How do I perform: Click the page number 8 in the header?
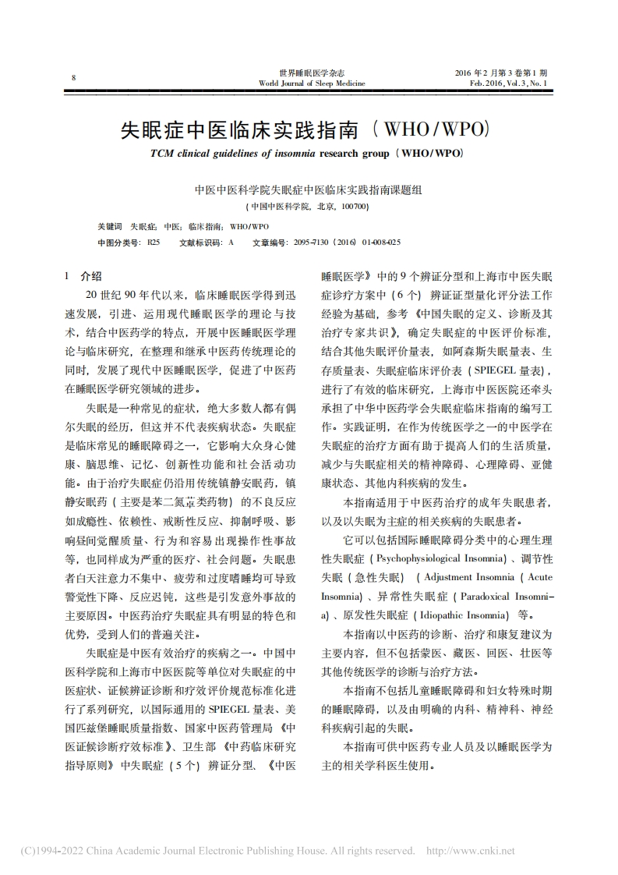[72, 77]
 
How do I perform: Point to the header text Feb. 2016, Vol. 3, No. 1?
[508, 82]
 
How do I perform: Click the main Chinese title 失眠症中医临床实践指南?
[241, 129]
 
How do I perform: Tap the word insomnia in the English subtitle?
[294, 153]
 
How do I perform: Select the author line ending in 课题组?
[309, 190]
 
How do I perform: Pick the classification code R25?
[154, 243]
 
